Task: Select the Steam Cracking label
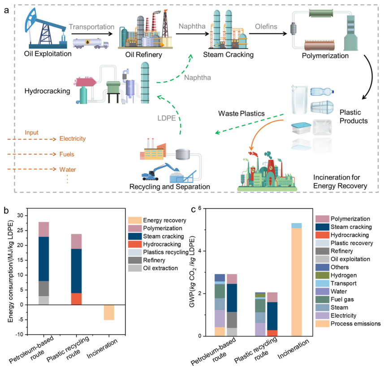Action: click(228, 55)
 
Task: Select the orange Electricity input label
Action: click(73, 139)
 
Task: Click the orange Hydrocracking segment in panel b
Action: click(77, 299)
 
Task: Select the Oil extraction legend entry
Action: click(160, 268)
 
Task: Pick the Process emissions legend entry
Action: click(349, 324)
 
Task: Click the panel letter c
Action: click(193, 209)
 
